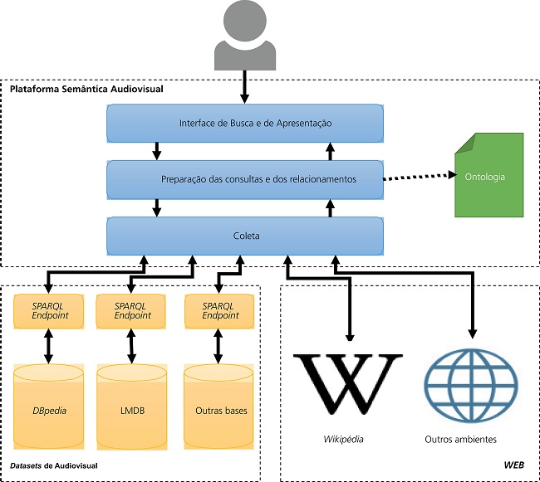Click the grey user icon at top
pyautogui.click(x=245, y=37)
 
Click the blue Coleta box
pyautogui.click(x=245, y=236)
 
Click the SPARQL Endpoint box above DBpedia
pyautogui.click(x=48, y=311)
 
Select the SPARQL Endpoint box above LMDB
pyautogui.click(x=130, y=311)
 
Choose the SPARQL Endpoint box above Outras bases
pyautogui.click(x=218, y=311)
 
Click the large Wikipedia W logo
pyautogui.click(x=349, y=382)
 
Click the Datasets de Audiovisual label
pyautogui.click(x=55, y=466)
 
